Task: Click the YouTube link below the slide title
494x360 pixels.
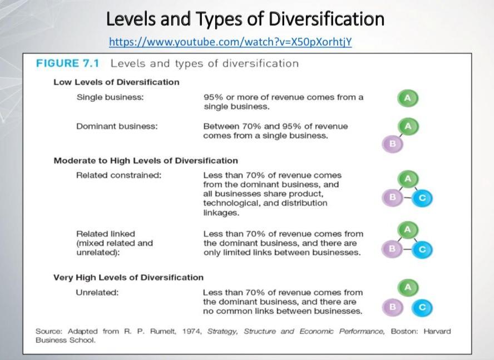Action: tap(230, 42)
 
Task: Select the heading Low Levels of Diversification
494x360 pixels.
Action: tap(116, 82)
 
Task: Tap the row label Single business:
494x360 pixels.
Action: tap(110, 97)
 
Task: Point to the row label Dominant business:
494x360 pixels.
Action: tap(117, 126)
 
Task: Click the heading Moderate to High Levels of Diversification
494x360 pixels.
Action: tap(146, 161)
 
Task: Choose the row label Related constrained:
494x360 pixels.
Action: tap(118, 175)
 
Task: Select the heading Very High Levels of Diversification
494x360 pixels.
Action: tap(129, 277)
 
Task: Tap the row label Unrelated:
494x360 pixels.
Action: tap(97, 293)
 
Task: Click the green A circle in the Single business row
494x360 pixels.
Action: tap(408, 98)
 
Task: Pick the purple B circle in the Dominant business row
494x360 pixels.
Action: tap(392, 144)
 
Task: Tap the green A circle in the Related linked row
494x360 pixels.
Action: tap(408, 230)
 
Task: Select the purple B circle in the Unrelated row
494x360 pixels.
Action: tap(392, 307)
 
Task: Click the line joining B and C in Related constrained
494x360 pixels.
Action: tap(408, 197)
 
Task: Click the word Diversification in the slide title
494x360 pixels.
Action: tap(326, 19)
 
